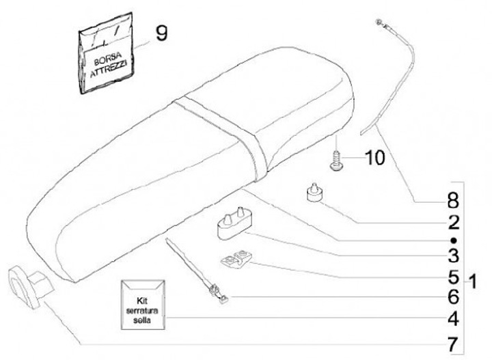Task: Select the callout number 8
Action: click(x=453, y=202)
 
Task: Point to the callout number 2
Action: click(x=453, y=222)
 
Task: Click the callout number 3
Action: click(x=453, y=257)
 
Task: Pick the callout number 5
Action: click(x=453, y=277)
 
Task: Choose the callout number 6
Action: click(x=453, y=298)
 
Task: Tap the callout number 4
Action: click(x=453, y=318)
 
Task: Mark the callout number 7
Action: click(x=453, y=340)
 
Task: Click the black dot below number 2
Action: click(x=453, y=240)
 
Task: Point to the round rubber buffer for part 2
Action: click(x=315, y=193)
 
